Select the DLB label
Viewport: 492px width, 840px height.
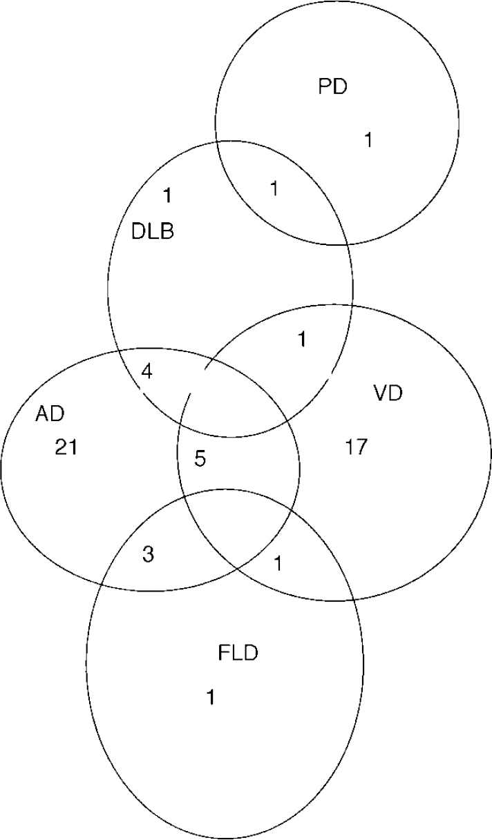[x=153, y=231]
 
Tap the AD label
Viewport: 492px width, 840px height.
[x=50, y=414]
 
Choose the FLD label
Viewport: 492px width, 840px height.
[x=238, y=653]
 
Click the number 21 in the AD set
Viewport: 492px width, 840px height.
[x=66, y=448]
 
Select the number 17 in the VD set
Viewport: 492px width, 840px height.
[x=356, y=447]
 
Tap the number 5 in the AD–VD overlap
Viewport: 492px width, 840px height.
[x=200, y=459]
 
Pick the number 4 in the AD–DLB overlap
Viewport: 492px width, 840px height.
[x=146, y=371]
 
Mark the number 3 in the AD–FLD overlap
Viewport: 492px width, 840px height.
[x=148, y=555]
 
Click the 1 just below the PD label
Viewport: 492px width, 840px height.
[x=368, y=140]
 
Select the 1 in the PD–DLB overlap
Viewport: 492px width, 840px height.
[x=274, y=188]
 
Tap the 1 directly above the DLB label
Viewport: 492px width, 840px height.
[x=167, y=196]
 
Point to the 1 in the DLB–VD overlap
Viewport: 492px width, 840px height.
[x=301, y=340]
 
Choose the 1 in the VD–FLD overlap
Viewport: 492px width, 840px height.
[x=278, y=564]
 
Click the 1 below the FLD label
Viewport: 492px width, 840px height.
[x=211, y=698]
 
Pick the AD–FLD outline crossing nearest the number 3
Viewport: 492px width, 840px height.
[x=102, y=584]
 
